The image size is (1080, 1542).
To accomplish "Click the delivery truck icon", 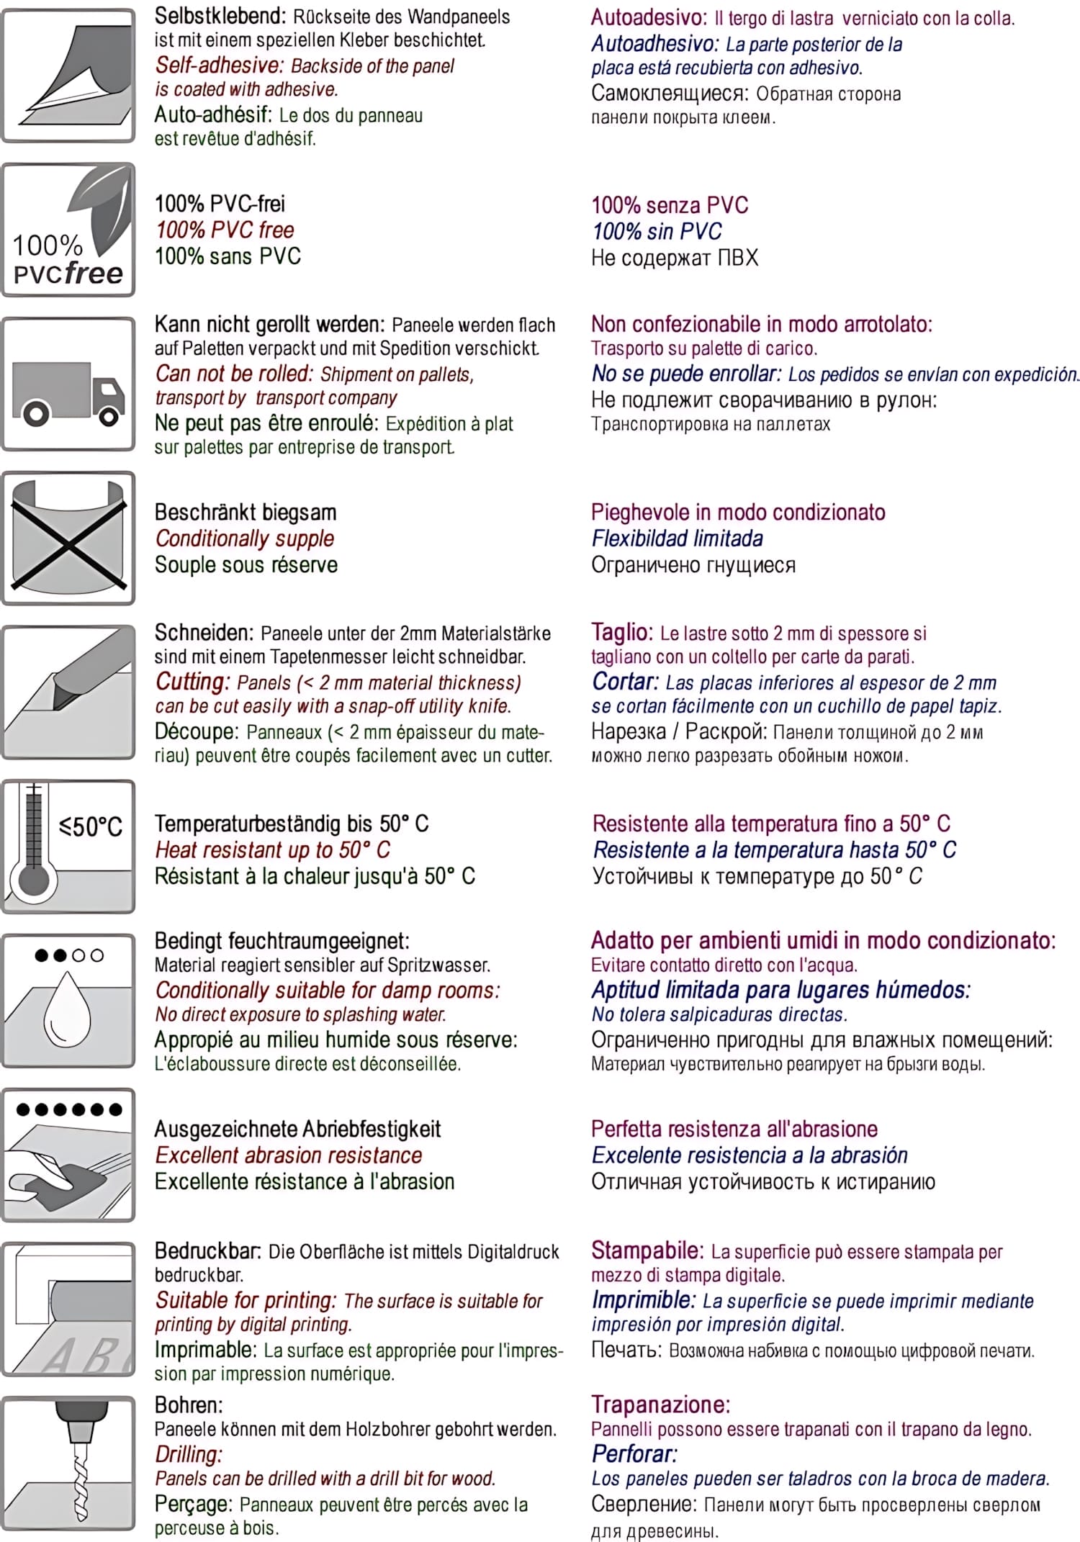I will click(x=68, y=392).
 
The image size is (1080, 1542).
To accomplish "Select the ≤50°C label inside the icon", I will click(x=91, y=826).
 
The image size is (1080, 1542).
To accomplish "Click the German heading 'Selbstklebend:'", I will click(x=220, y=16).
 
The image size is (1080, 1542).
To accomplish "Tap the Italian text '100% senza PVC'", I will click(x=670, y=205).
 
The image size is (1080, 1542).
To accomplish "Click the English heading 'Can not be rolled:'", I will click(x=235, y=374).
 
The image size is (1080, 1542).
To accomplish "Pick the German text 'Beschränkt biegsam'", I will click(x=246, y=513).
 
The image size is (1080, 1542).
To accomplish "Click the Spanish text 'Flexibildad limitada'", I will click(x=677, y=538).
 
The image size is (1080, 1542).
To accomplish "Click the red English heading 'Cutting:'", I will click(x=192, y=682).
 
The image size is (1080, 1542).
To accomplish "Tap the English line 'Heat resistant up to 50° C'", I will click(x=273, y=850).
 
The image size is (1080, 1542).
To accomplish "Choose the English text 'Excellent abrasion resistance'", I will click(x=289, y=1155).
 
